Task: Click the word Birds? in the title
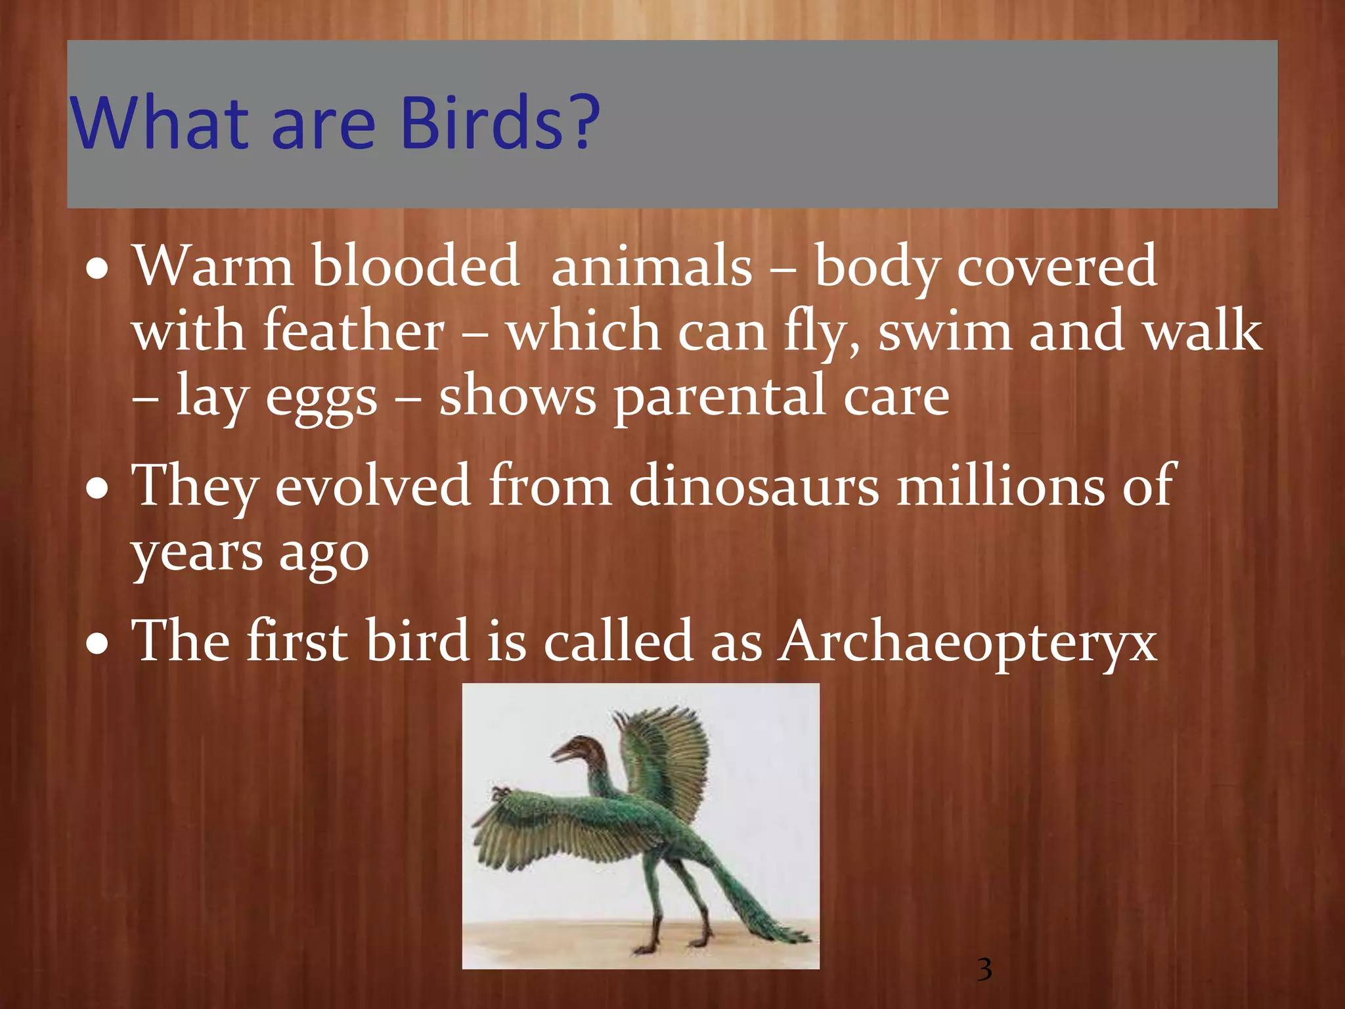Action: coord(499,123)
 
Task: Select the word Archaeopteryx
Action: coord(968,640)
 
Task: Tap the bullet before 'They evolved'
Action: coord(98,489)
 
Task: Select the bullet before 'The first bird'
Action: coord(98,644)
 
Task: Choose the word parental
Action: coord(719,397)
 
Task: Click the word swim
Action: coord(945,332)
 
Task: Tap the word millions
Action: coord(1001,486)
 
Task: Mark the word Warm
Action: coord(213,266)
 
